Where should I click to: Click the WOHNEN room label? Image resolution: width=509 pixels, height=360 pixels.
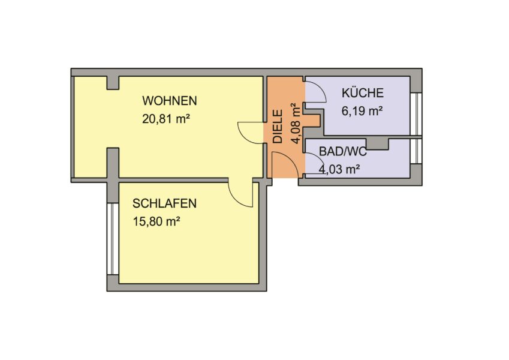pyautogui.click(x=170, y=100)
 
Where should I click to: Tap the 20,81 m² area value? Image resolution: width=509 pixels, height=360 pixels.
pyautogui.click(x=166, y=119)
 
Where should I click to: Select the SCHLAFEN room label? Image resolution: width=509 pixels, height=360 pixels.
pyautogui.click(x=164, y=203)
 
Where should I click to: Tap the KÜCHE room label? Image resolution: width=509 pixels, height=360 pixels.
pyautogui.click(x=362, y=93)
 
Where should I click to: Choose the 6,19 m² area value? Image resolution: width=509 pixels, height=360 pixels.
pyautogui.click(x=362, y=110)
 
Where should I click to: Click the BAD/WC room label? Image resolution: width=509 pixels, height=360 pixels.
pyautogui.click(x=342, y=152)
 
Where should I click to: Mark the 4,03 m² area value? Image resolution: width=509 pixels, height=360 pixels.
pyautogui.click(x=339, y=169)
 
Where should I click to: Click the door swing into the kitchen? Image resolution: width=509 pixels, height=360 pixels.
pyautogui.click(x=315, y=92)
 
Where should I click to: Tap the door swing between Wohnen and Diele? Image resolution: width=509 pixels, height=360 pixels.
pyautogui.click(x=251, y=132)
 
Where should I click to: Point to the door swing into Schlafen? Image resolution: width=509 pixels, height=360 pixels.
pyautogui.click(x=240, y=194)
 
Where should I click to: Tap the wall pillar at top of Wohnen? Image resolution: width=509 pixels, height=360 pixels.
pyautogui.click(x=112, y=83)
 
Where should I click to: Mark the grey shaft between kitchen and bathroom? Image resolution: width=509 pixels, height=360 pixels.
pyautogui.click(x=378, y=144)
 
